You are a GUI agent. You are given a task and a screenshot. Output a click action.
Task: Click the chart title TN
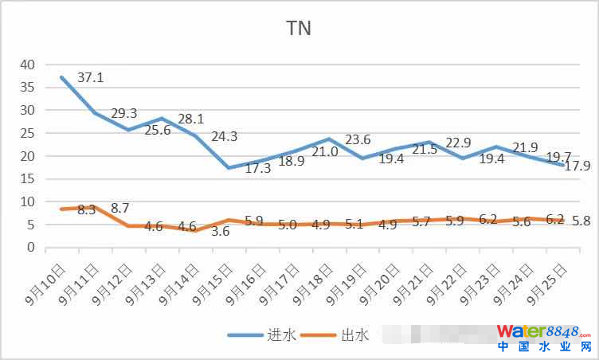[x=299, y=29]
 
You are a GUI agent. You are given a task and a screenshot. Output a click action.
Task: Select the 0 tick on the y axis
[x=31, y=248]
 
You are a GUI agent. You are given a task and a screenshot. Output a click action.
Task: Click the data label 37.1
[x=91, y=78]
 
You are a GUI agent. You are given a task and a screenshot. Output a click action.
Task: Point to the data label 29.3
[x=123, y=113]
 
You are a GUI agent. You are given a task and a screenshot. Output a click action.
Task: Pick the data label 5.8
[x=580, y=221]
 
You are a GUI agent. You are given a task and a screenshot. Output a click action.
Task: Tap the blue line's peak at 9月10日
[x=61, y=77]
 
